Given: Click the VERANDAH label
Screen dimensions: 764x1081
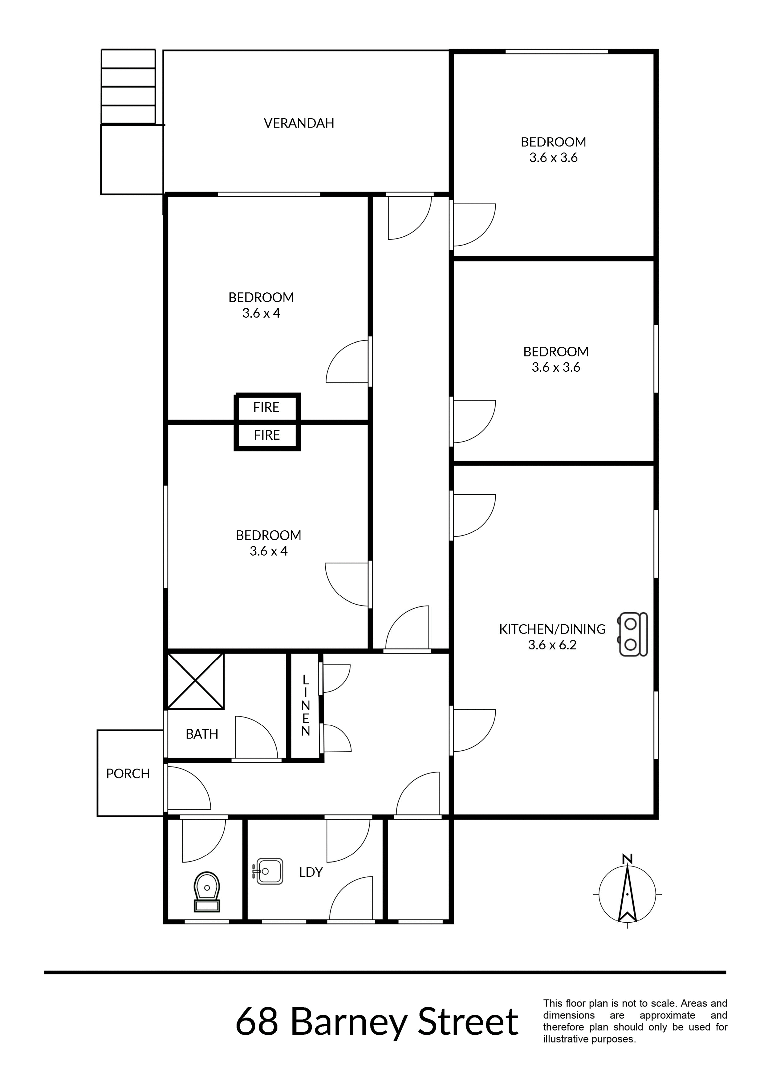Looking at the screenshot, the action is (x=299, y=123).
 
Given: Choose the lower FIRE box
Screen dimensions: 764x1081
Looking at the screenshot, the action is (x=267, y=435).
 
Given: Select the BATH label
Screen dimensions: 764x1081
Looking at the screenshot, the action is (x=202, y=734).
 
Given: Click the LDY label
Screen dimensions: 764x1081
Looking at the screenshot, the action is (x=311, y=872).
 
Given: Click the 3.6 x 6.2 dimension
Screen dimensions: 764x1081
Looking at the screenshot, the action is (x=552, y=645).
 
